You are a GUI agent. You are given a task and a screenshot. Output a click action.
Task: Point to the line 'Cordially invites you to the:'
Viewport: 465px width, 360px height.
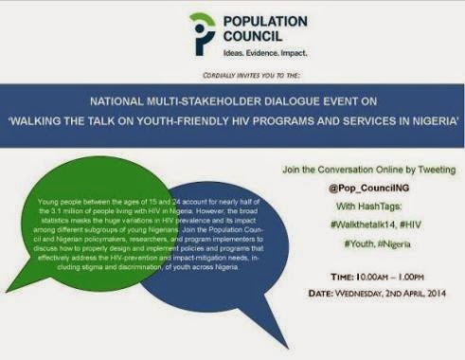pos(232,74)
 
